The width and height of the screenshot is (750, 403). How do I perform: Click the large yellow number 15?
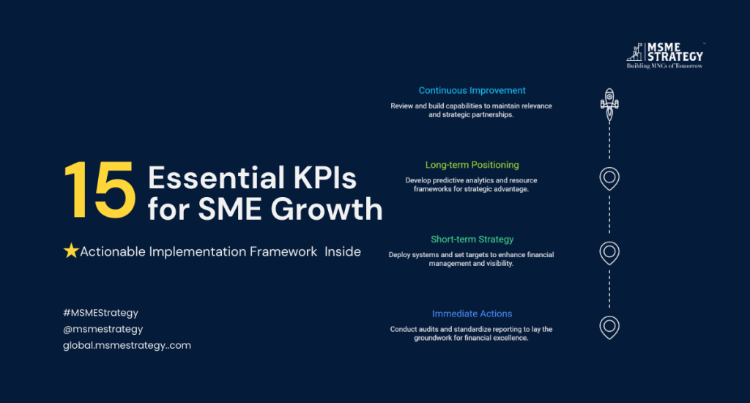(100, 191)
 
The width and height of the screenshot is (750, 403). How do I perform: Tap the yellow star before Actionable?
(71, 251)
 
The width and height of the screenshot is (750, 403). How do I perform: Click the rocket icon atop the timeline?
(609, 105)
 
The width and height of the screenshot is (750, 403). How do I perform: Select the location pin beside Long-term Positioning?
(609, 179)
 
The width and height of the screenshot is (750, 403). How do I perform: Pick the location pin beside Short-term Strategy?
(609, 253)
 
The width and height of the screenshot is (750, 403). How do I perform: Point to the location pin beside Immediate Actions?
(609, 328)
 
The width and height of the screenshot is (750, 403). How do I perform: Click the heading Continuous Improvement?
(472, 90)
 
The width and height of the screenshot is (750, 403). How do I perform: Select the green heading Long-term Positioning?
(472, 165)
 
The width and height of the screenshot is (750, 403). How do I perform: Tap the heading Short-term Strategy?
(472, 240)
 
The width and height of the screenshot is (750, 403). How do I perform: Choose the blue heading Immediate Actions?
(472, 314)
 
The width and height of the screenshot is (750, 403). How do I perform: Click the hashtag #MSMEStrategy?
(100, 313)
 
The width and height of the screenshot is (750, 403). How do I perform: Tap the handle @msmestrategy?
(103, 329)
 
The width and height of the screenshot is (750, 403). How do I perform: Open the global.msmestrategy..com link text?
(127, 346)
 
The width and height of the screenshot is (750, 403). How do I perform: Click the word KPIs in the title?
(324, 178)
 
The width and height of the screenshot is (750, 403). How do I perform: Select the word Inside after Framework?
(343, 252)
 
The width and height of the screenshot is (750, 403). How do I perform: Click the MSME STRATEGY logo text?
(675, 52)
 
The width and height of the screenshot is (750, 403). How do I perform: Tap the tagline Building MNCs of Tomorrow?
(664, 66)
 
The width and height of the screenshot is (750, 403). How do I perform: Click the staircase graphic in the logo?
(635, 52)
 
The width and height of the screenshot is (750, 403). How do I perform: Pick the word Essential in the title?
(212, 178)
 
